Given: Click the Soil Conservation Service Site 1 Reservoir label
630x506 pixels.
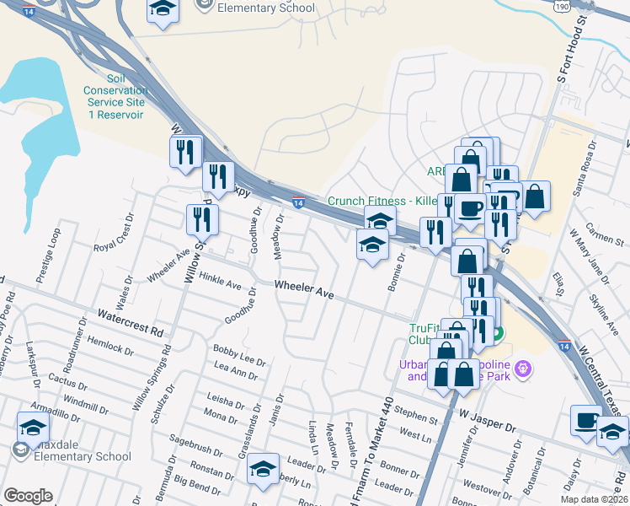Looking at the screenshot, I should [x=116, y=102].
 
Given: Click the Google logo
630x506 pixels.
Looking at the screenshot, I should [x=28, y=496].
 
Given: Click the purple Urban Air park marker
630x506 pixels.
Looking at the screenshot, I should [x=524, y=368].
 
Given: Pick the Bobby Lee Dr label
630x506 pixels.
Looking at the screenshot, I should [x=239, y=353].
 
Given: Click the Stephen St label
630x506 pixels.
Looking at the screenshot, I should [x=415, y=415].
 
